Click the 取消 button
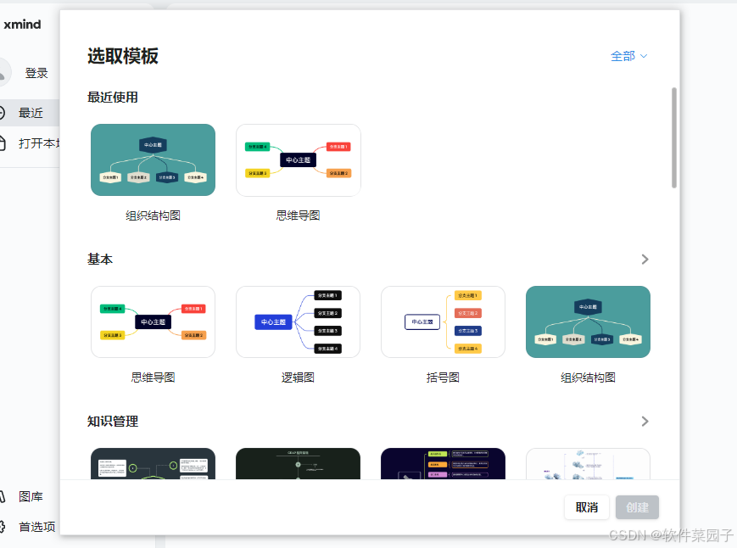click(x=587, y=507)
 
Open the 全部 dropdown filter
click(x=628, y=56)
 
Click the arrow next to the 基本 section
click(x=645, y=260)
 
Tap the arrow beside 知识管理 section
click(x=645, y=422)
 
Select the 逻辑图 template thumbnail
click(x=298, y=322)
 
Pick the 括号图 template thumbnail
click(x=443, y=322)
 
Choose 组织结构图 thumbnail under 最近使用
click(x=153, y=159)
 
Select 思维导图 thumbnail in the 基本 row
click(x=153, y=322)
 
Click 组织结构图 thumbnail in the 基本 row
click(x=588, y=322)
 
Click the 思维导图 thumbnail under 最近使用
click(x=298, y=159)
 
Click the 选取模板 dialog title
click(x=123, y=56)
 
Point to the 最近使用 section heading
click(x=113, y=98)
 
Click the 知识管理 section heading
click(x=113, y=422)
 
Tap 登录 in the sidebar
click(x=36, y=74)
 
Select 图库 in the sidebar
click(x=31, y=497)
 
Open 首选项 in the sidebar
click(x=36, y=527)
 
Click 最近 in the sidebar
click(x=31, y=113)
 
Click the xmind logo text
click(x=22, y=25)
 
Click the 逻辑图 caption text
click(x=298, y=377)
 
